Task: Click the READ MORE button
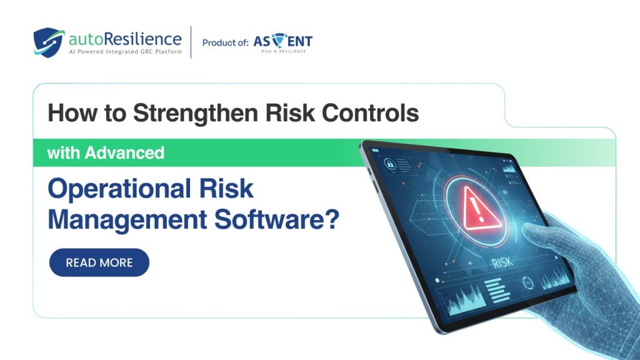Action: pos(99,262)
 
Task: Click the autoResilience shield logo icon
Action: pos(48,42)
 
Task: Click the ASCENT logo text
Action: pos(283,42)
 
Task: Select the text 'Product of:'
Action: pos(225,42)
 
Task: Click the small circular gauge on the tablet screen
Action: pos(529,283)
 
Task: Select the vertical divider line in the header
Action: pos(191,42)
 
